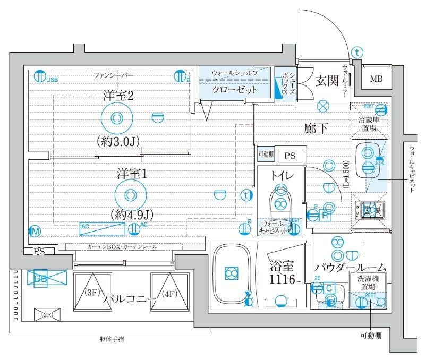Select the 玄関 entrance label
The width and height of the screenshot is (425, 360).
point(327,81)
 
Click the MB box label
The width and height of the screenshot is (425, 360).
point(376,80)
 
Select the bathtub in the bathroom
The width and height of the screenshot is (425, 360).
point(232,273)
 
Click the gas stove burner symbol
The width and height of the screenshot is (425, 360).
point(370,211)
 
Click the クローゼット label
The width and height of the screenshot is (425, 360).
point(234,90)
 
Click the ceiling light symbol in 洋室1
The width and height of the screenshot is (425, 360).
point(130,195)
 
